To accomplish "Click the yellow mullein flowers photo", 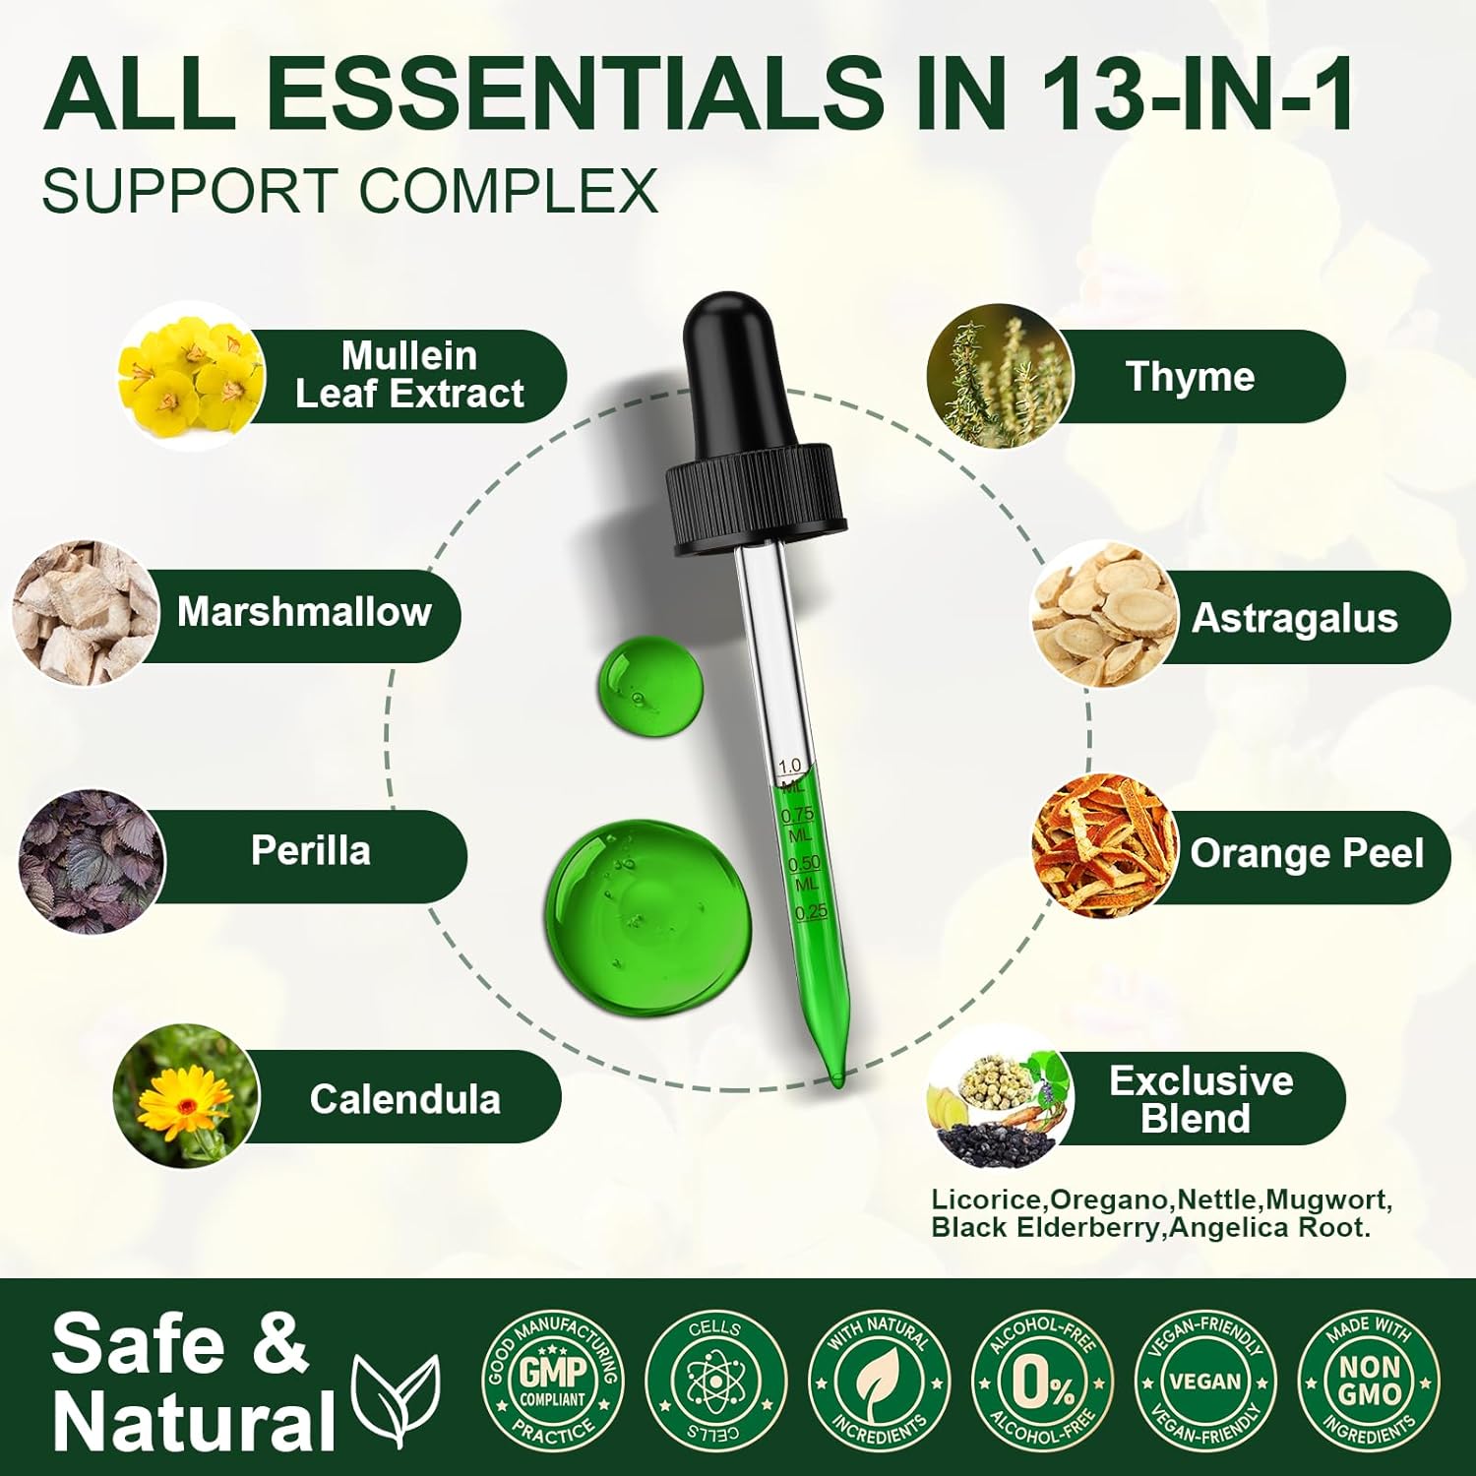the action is click(192, 377).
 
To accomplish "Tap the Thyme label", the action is click(1190, 377).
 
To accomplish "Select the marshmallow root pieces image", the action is click(87, 612).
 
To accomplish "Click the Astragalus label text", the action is click(1295, 618).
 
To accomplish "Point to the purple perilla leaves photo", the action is click(92, 861).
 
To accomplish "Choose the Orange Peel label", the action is click(1307, 853).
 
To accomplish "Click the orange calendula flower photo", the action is click(186, 1097).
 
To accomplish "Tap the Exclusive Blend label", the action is click(1200, 1099).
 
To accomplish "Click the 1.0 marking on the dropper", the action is click(789, 766).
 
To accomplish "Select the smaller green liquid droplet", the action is click(651, 686).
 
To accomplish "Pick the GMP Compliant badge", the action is click(553, 1380).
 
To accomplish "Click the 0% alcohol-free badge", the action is click(1043, 1380).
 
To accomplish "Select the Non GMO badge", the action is click(1369, 1380).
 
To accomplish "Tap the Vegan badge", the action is click(1205, 1380).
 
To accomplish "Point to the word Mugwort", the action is click(1328, 1200).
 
